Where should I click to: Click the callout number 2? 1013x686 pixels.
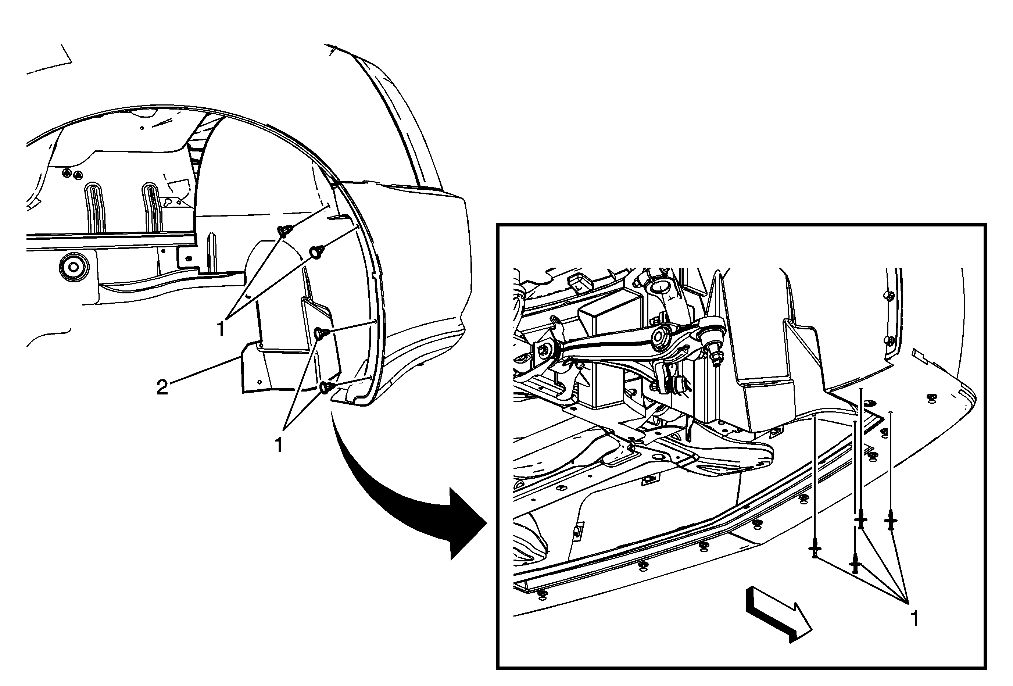click(x=162, y=387)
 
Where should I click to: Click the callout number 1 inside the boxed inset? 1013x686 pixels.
click(x=915, y=618)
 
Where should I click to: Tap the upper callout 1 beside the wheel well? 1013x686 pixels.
click(x=221, y=329)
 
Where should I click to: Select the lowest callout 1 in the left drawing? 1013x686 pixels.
click(x=279, y=445)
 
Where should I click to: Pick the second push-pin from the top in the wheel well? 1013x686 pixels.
click(x=316, y=252)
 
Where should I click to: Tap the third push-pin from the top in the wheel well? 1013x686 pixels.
click(x=322, y=333)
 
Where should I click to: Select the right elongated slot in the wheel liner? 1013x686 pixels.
click(x=151, y=207)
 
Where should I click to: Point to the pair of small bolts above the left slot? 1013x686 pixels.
click(x=72, y=174)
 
